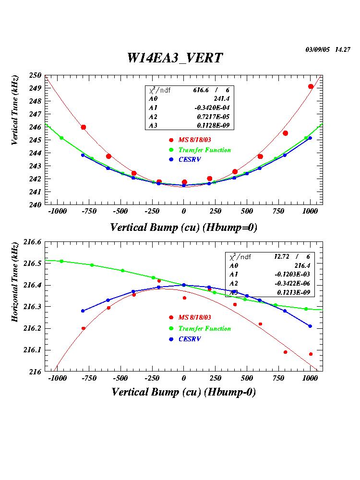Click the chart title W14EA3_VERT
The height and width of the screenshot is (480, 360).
[175, 58]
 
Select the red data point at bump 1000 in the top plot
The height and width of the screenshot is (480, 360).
[311, 86]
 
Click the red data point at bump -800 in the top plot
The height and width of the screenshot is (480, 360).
[84, 127]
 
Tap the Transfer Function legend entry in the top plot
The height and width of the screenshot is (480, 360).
[204, 150]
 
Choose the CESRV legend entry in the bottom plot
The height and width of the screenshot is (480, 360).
[189, 339]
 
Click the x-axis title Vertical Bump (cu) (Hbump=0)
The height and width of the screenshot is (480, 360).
[183, 228]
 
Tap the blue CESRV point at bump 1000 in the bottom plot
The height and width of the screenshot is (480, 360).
[310, 326]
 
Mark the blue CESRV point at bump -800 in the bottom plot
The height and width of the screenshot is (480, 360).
[83, 311]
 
